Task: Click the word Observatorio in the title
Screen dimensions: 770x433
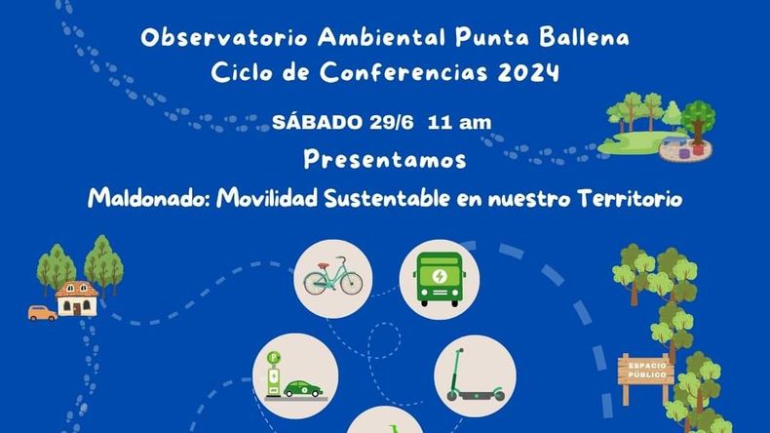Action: pyautogui.click(x=224, y=37)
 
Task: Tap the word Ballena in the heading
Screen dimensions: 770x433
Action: pyautogui.click(x=585, y=37)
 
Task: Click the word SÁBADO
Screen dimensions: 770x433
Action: pyautogui.click(x=318, y=122)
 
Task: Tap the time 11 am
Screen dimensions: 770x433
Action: pyautogui.click(x=459, y=122)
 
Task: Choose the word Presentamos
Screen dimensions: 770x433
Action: pyautogui.click(x=384, y=160)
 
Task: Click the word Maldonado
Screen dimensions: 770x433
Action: pyautogui.click(x=149, y=198)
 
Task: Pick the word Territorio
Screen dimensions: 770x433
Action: pyautogui.click(x=631, y=198)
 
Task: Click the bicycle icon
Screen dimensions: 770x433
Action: pyautogui.click(x=333, y=277)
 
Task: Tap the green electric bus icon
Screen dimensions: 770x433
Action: pyautogui.click(x=439, y=279)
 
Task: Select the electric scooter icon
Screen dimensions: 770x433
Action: pyautogui.click(x=476, y=375)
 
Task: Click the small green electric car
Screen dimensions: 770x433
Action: pyautogui.click(x=303, y=388)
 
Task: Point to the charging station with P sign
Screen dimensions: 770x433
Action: pyautogui.click(x=274, y=374)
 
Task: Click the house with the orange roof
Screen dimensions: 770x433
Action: pyautogui.click(x=76, y=298)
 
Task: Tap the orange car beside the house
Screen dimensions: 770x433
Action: pyautogui.click(x=42, y=313)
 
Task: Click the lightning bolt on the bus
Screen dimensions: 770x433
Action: pyautogui.click(x=440, y=276)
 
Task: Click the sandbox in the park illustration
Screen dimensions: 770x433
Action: pyautogui.click(x=686, y=150)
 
